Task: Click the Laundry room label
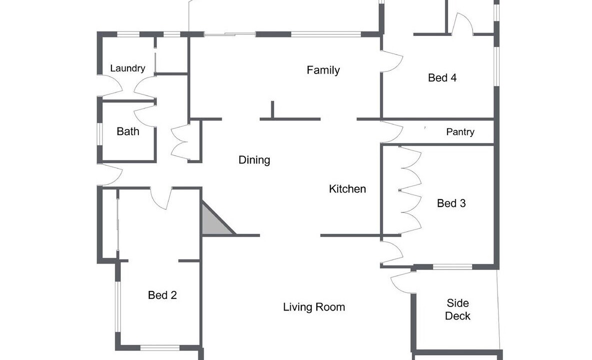coord(127,68)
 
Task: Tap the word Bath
coord(128,131)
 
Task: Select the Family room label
coord(323,70)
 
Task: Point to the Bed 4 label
coord(442,78)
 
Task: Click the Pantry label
coord(460,132)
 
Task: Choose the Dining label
coord(254,160)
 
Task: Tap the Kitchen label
coord(347,189)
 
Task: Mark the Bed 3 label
coord(451,203)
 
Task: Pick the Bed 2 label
coord(162,295)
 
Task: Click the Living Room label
coord(314,307)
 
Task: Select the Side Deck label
coord(458,309)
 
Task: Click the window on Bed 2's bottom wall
coord(160,347)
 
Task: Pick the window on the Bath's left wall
coord(100,134)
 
